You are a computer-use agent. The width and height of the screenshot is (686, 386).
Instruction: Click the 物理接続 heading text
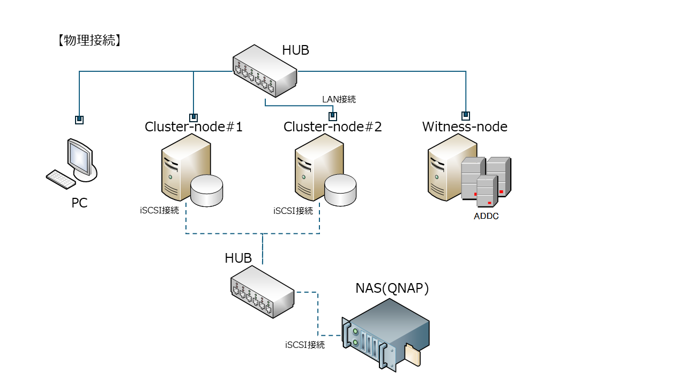click(x=88, y=40)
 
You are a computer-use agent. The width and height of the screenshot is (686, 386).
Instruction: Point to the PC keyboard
click(x=61, y=179)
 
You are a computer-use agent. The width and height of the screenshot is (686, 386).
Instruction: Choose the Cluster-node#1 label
click(x=193, y=127)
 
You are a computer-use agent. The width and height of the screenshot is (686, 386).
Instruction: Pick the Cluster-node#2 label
click(x=332, y=127)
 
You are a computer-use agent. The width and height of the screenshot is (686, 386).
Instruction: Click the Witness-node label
click(x=465, y=127)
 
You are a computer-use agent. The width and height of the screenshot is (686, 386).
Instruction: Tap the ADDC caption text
click(x=486, y=217)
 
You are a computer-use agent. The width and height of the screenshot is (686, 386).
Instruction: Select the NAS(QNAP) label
click(x=392, y=288)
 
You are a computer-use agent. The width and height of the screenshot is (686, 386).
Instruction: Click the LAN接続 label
click(x=339, y=99)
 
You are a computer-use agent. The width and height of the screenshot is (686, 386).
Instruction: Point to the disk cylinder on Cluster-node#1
click(x=207, y=190)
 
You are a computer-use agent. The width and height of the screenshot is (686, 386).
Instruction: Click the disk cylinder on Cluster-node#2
click(x=340, y=190)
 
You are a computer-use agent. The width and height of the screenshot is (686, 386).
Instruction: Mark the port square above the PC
click(x=79, y=120)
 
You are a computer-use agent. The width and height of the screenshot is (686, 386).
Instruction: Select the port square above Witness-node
click(x=466, y=115)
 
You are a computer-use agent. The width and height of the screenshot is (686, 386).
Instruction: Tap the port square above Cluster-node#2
click(x=333, y=116)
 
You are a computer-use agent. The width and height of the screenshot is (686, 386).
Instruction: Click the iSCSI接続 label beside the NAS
click(x=305, y=345)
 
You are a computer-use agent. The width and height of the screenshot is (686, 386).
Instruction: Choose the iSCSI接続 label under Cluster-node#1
click(x=159, y=211)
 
